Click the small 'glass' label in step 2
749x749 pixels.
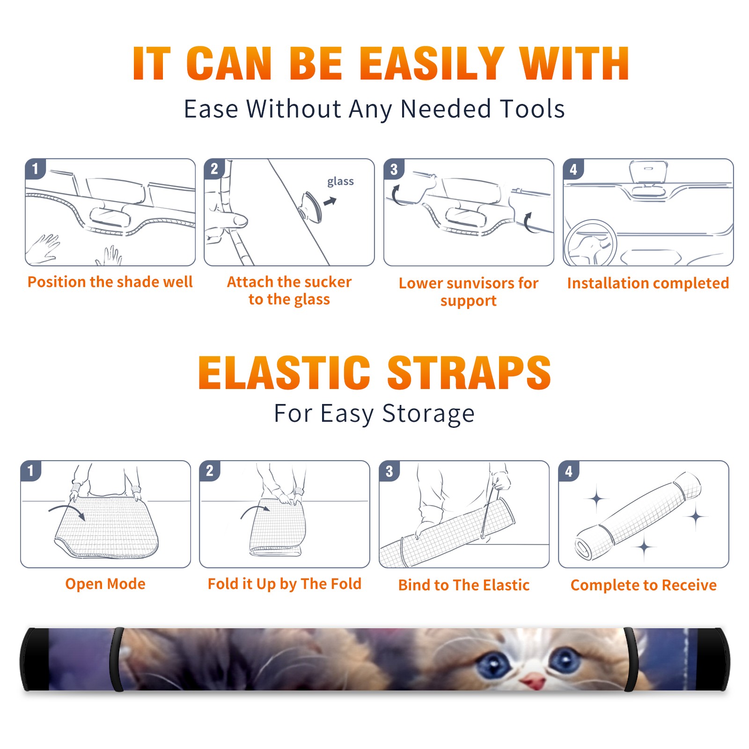coord(340,182)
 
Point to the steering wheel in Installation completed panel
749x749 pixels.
coord(591,243)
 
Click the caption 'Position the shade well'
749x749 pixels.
coord(110,282)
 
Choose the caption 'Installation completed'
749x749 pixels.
coord(648,283)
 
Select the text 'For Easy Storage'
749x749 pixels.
coord(374,413)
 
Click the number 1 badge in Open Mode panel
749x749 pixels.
coord(31,470)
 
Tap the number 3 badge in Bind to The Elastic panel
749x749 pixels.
coord(389,470)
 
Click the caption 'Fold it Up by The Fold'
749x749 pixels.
coord(285,584)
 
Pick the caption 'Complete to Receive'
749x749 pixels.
coord(644,585)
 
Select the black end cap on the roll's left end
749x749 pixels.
coord(35,660)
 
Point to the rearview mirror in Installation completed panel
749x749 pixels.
coord(648,173)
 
